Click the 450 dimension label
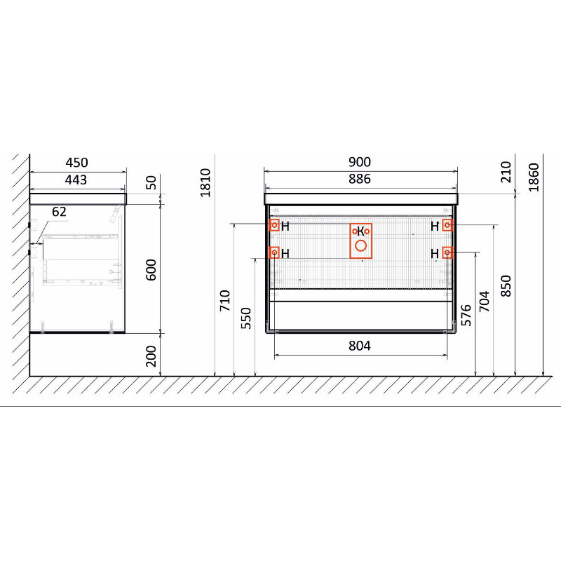76,163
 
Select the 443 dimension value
76,180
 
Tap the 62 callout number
59,212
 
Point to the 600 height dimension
151,270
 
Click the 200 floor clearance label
151,356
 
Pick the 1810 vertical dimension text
205,182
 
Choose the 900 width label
360,162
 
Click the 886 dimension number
360,179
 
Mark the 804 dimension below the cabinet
360,346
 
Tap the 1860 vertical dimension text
534,177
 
